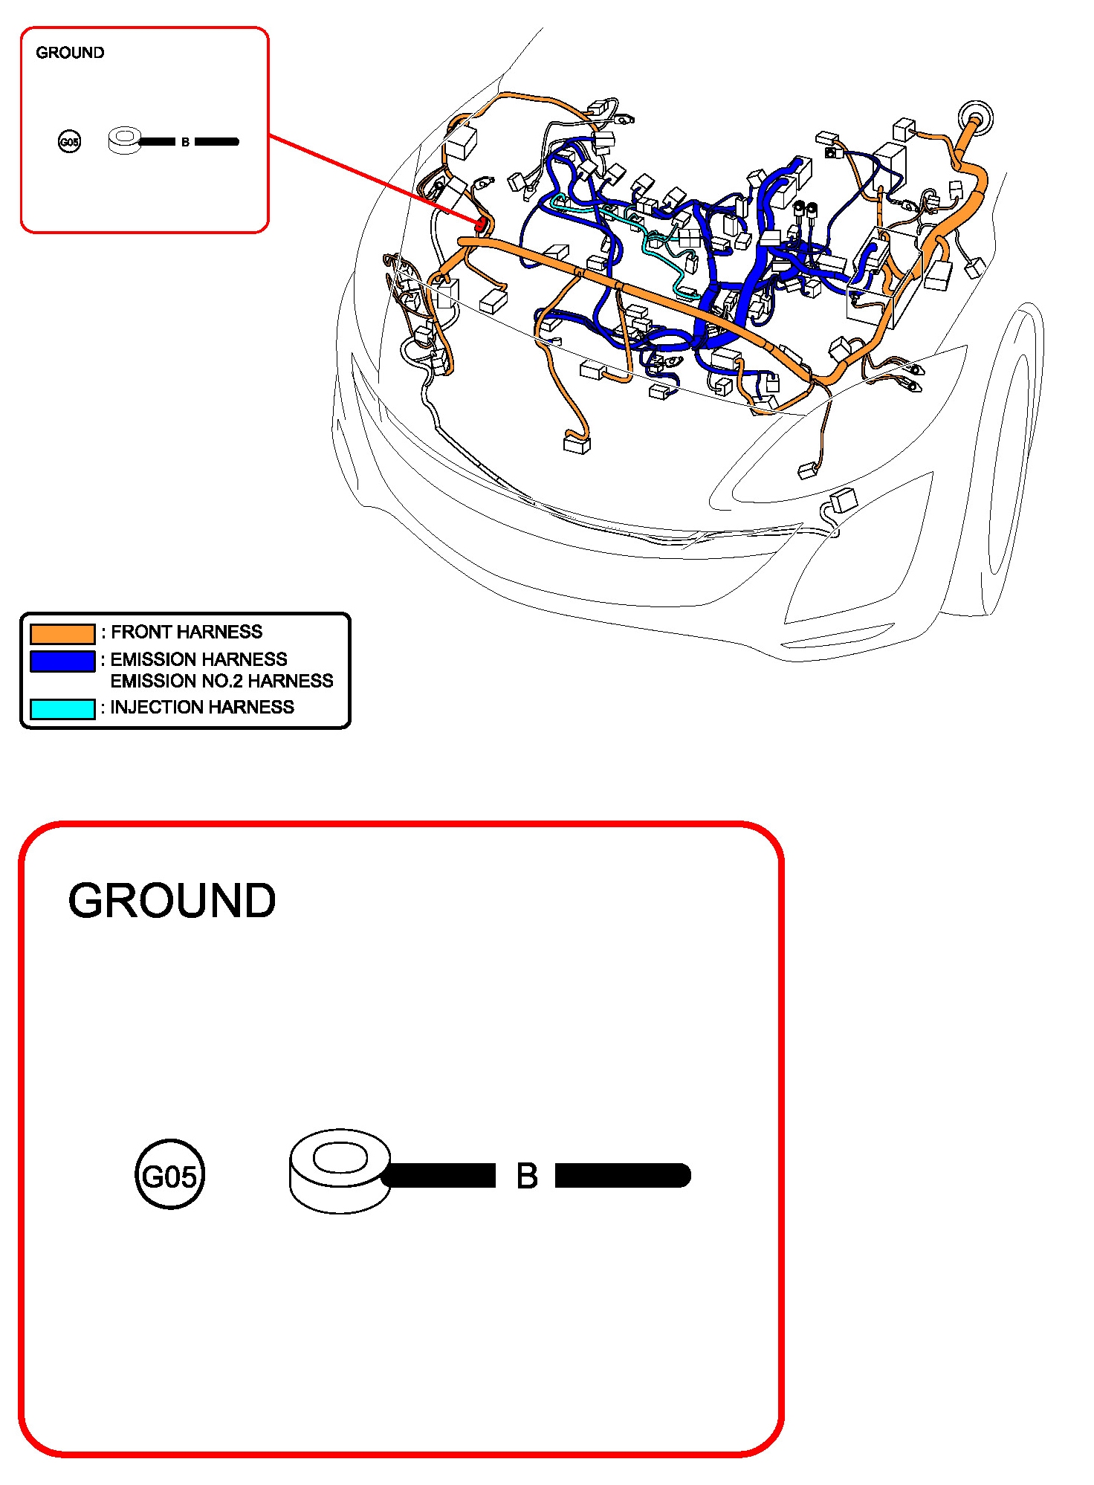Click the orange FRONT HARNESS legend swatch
coord(62,633)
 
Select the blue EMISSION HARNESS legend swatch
coord(62,661)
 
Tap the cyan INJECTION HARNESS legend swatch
coord(62,708)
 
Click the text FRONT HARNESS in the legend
coord(186,632)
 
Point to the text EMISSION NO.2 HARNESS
coord(221,681)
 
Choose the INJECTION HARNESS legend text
coord(202,707)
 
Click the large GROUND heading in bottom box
coord(172,901)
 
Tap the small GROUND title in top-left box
coord(70,53)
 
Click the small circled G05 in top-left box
coord(69,141)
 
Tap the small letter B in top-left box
coord(185,142)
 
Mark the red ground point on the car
coord(481,223)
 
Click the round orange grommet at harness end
coord(974,118)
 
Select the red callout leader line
coord(372,178)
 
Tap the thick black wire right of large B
coord(623,1176)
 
